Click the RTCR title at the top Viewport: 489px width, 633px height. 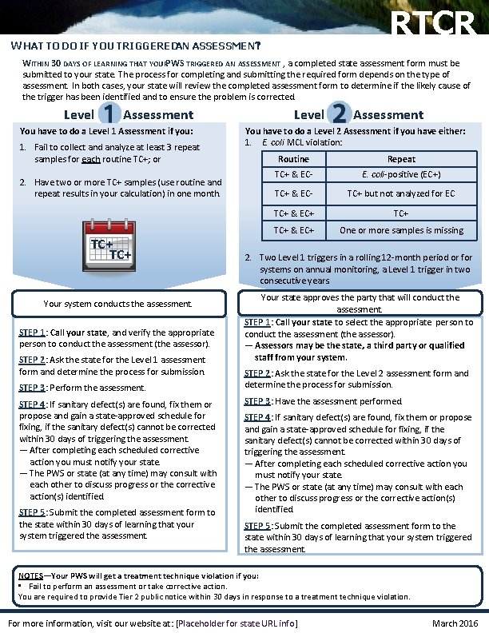click(x=435, y=24)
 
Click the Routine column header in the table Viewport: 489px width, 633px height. click(x=293, y=159)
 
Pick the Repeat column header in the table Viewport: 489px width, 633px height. click(x=401, y=159)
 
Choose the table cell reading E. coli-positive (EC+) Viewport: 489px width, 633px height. click(x=401, y=174)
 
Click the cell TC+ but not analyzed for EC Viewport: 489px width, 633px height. click(x=401, y=193)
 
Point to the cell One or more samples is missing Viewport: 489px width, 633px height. click(x=401, y=230)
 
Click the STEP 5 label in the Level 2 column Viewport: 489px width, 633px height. click(x=260, y=526)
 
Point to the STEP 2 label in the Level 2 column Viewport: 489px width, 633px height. click(x=260, y=373)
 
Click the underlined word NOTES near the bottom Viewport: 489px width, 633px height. click(x=32, y=575)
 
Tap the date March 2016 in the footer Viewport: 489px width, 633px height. click(x=454, y=623)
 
